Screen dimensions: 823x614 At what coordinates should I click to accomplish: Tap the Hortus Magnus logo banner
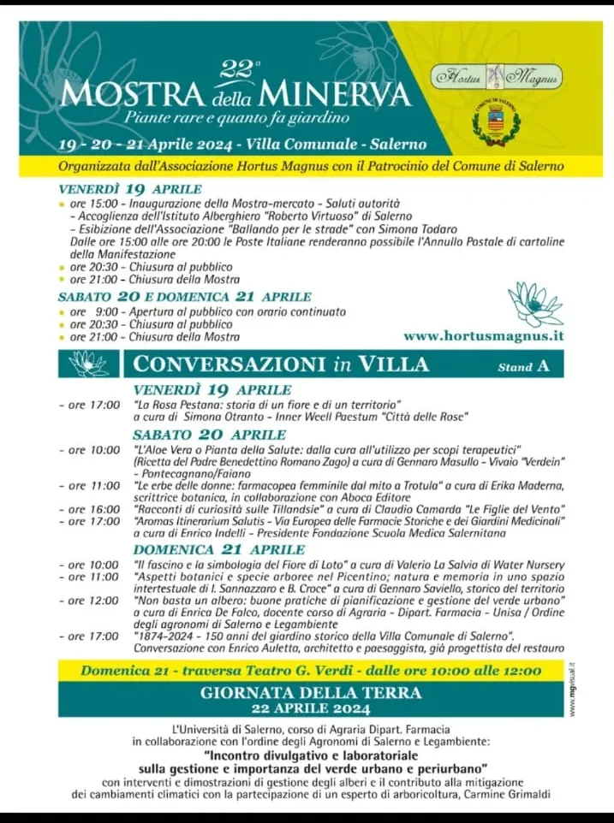point(498,76)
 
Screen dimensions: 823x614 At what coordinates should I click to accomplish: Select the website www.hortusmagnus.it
point(483,336)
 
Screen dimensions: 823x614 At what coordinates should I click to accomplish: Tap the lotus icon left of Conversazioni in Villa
point(89,364)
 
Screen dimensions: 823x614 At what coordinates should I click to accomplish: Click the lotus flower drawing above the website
point(534,304)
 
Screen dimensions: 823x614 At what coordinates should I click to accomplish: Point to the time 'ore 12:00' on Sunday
point(94,601)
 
